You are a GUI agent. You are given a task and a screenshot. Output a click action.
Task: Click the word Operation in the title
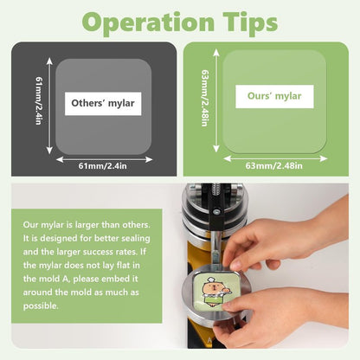point(148,23)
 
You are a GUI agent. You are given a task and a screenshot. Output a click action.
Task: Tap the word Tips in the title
point(250,23)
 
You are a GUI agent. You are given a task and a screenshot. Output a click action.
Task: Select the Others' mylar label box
point(103,104)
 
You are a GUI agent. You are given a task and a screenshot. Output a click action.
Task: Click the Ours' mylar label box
point(274,96)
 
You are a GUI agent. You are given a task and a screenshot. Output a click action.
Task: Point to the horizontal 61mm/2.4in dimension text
point(103,166)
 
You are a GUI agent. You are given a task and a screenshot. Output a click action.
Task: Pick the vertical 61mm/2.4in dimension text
point(39,100)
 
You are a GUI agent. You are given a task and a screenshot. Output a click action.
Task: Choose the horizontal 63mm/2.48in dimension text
point(274,165)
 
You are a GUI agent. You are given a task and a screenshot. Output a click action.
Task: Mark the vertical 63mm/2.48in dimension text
point(205,98)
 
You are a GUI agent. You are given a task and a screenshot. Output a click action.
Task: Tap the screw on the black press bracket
point(216,212)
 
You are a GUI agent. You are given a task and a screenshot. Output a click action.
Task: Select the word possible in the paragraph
point(41,306)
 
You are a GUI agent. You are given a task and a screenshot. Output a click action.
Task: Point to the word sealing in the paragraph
point(136,239)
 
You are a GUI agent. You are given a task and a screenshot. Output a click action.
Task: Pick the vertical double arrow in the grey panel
point(49,106)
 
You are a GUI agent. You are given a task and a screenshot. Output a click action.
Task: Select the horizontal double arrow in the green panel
point(275,158)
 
